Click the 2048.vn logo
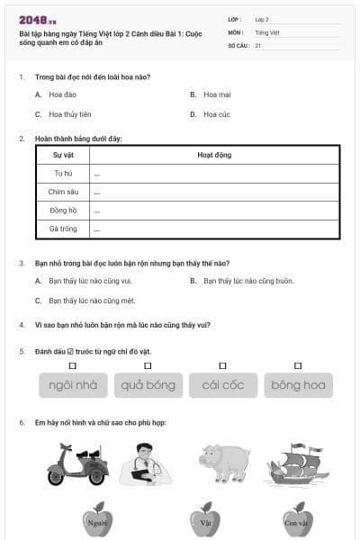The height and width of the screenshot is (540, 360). pyautogui.click(x=38, y=20)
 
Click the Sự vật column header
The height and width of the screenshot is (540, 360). pyautogui.click(x=63, y=155)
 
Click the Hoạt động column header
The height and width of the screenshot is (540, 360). pyautogui.click(x=214, y=155)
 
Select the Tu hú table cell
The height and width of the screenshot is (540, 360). pyautogui.click(x=63, y=173)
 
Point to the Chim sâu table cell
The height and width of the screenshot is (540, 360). pyautogui.click(x=63, y=192)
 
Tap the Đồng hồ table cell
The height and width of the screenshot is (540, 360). pyautogui.click(x=63, y=211)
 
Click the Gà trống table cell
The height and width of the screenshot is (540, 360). pyautogui.click(x=63, y=229)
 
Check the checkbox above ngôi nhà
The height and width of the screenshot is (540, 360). pyautogui.click(x=73, y=365)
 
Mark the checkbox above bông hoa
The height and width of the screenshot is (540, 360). pyautogui.click(x=298, y=365)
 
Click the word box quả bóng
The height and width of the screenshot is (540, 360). pyautogui.click(x=148, y=385)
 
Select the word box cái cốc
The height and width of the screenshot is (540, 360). pyautogui.click(x=223, y=385)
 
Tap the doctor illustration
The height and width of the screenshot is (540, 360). pyautogui.click(x=146, y=464)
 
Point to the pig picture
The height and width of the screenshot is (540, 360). pyautogui.click(x=224, y=463)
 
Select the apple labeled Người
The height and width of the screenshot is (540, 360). pyautogui.click(x=97, y=519)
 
